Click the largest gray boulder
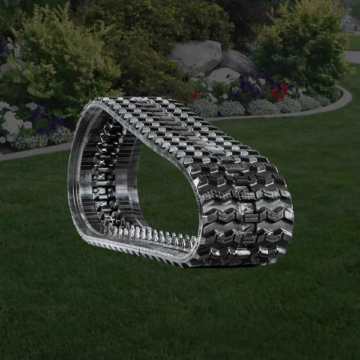[196, 57]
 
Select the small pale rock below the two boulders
[224, 76]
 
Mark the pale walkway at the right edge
[352, 56]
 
